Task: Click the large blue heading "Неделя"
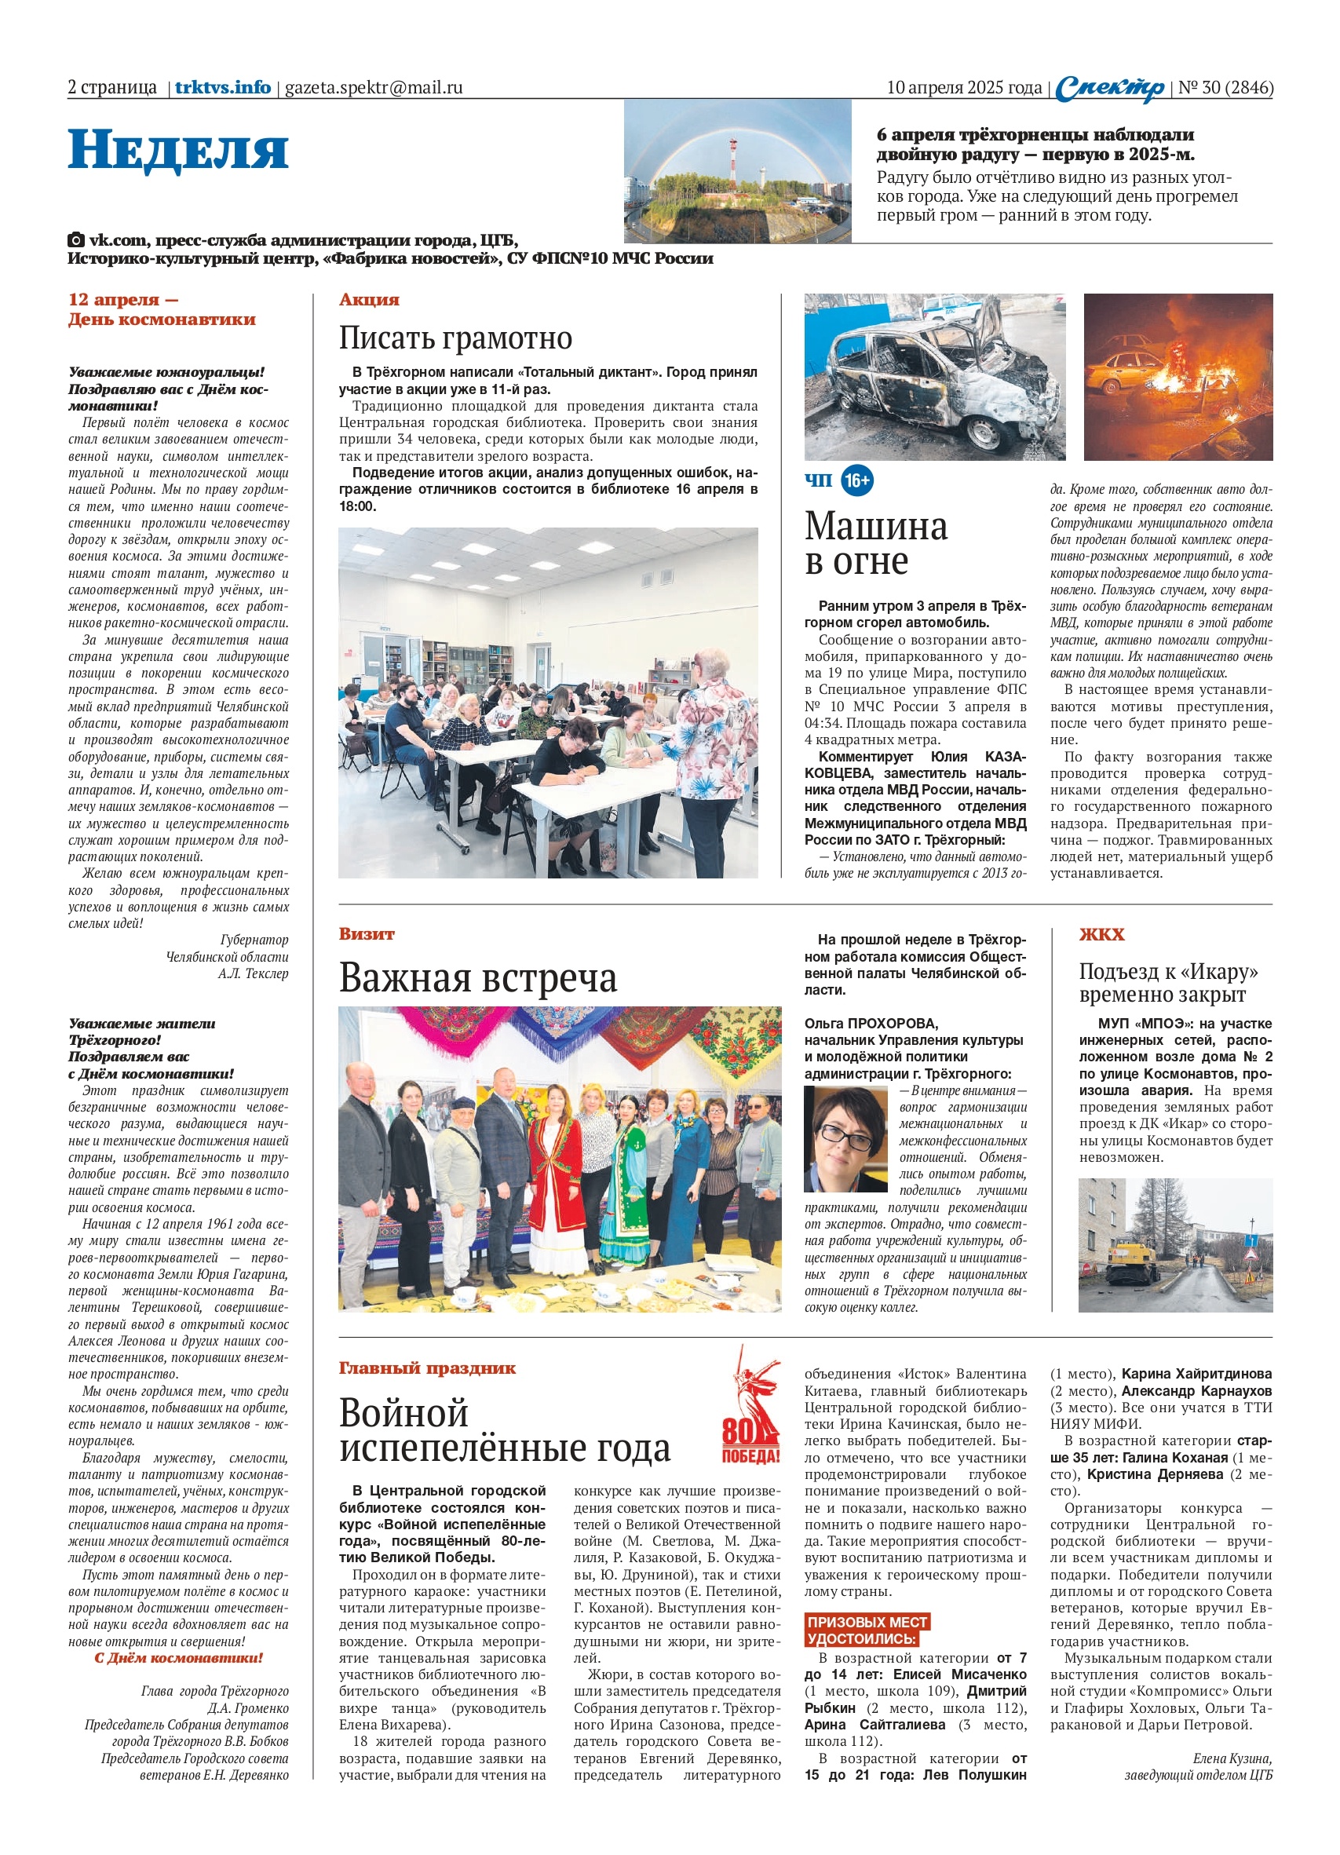[x=177, y=151]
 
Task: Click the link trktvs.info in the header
[x=222, y=87]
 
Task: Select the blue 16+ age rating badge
[x=856, y=480]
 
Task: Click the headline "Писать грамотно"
[x=455, y=338]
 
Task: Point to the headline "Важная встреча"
[x=478, y=977]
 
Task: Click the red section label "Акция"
[x=369, y=299]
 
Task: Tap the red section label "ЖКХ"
[x=1101, y=934]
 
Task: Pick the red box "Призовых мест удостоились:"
[x=867, y=1645]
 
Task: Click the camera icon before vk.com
[x=75, y=240]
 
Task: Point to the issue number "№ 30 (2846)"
[x=1225, y=87]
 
